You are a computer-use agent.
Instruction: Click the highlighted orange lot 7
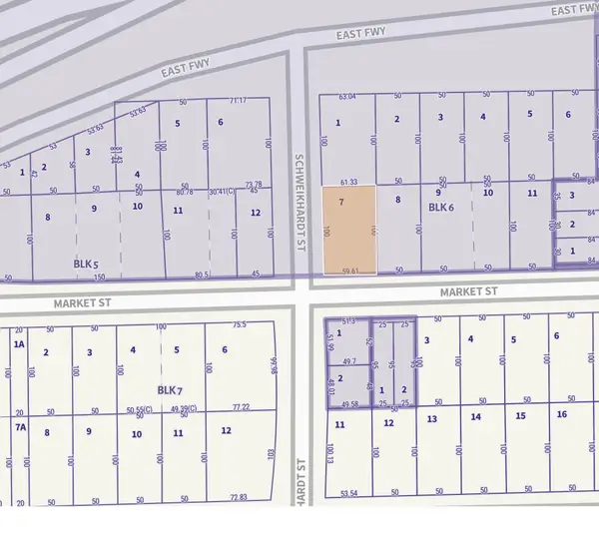tap(348, 230)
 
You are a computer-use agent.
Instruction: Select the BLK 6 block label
tap(441, 208)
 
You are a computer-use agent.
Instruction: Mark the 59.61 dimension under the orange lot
tap(349, 270)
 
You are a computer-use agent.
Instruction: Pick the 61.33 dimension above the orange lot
tap(348, 182)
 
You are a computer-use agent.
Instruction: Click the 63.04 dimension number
tap(346, 97)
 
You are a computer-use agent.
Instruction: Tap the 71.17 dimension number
tap(237, 101)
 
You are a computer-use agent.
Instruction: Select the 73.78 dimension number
tap(254, 184)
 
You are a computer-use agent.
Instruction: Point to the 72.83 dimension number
tap(238, 497)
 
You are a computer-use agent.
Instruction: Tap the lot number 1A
tap(17, 343)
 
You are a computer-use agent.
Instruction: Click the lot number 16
tap(562, 414)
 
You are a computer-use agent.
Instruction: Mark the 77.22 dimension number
tap(239, 408)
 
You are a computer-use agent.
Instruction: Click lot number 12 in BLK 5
tap(256, 213)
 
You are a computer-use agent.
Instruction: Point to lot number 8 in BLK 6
tap(397, 201)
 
